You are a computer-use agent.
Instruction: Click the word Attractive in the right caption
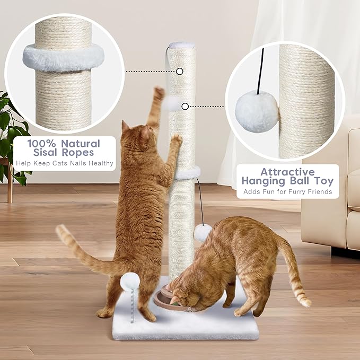coord(288,172)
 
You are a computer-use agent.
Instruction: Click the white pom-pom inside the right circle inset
coord(257,111)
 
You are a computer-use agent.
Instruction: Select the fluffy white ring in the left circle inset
coord(63,57)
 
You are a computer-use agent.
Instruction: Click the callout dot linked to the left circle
coord(180,71)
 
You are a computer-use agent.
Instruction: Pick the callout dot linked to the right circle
coord(185,107)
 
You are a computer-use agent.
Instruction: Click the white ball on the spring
coord(130,280)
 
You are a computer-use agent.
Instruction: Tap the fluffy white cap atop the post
coord(182,46)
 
